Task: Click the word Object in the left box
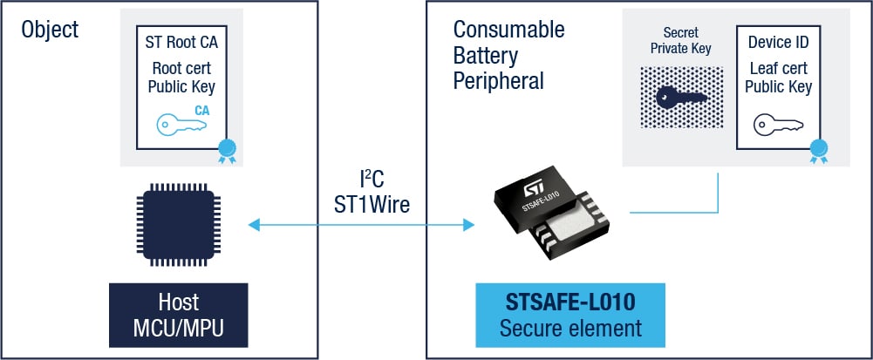pyautogui.click(x=50, y=29)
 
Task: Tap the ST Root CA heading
pyautogui.click(x=181, y=41)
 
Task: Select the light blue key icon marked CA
pyautogui.click(x=182, y=121)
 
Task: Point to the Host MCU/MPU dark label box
pyautogui.click(x=180, y=316)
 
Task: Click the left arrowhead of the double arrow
pyautogui.click(x=255, y=226)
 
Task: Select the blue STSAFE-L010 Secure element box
pyautogui.click(x=570, y=316)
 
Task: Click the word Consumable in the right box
pyautogui.click(x=508, y=29)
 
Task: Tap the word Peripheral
pyautogui.click(x=498, y=81)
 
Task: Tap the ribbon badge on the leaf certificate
pyautogui.click(x=818, y=151)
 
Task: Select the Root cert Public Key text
pyautogui.click(x=181, y=77)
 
